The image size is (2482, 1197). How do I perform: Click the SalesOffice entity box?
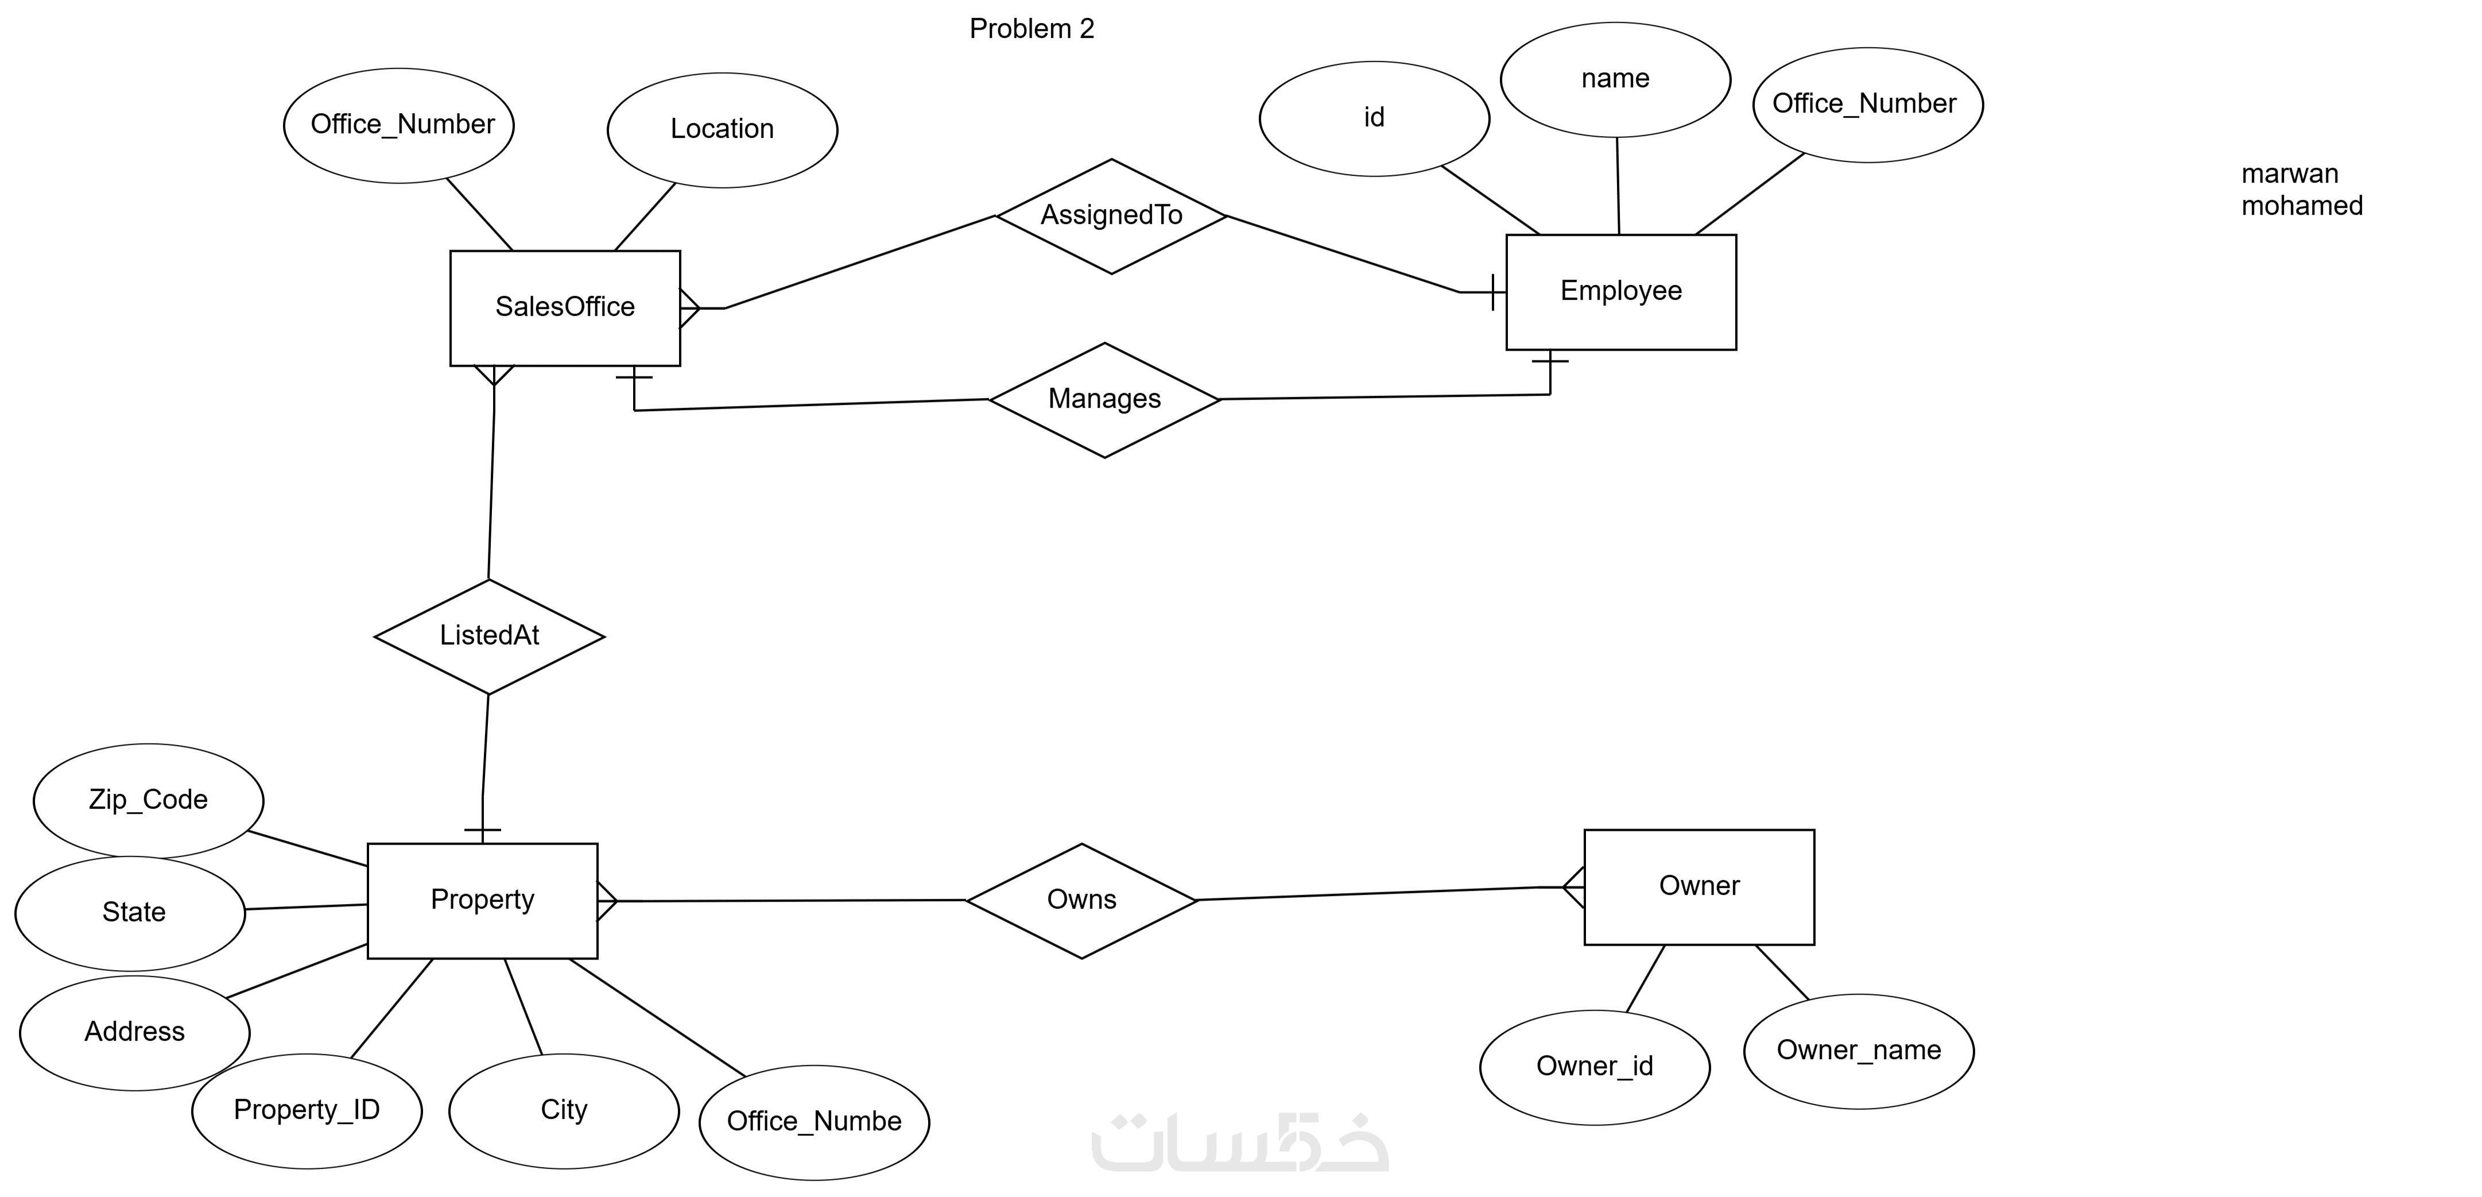point(565,307)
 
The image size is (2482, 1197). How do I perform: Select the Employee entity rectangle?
point(1620,291)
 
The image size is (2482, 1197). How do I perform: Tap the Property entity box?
point(482,900)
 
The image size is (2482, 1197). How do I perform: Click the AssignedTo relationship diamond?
point(1111,216)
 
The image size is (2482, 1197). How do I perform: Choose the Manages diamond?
point(1104,399)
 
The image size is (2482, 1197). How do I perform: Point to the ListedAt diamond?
point(490,636)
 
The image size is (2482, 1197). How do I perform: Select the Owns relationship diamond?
point(1081,900)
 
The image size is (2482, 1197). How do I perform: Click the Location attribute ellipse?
point(722,129)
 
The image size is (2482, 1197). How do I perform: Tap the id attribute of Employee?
point(1374,118)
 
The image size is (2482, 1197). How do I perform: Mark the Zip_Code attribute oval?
point(148,800)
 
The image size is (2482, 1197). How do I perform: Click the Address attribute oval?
point(135,1032)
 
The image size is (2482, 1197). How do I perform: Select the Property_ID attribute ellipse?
point(307,1110)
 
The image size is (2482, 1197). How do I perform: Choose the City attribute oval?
point(564,1110)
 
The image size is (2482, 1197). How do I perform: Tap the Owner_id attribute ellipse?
point(1593,1067)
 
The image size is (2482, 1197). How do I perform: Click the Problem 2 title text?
point(1031,29)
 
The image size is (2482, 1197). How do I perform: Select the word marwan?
point(2289,175)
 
